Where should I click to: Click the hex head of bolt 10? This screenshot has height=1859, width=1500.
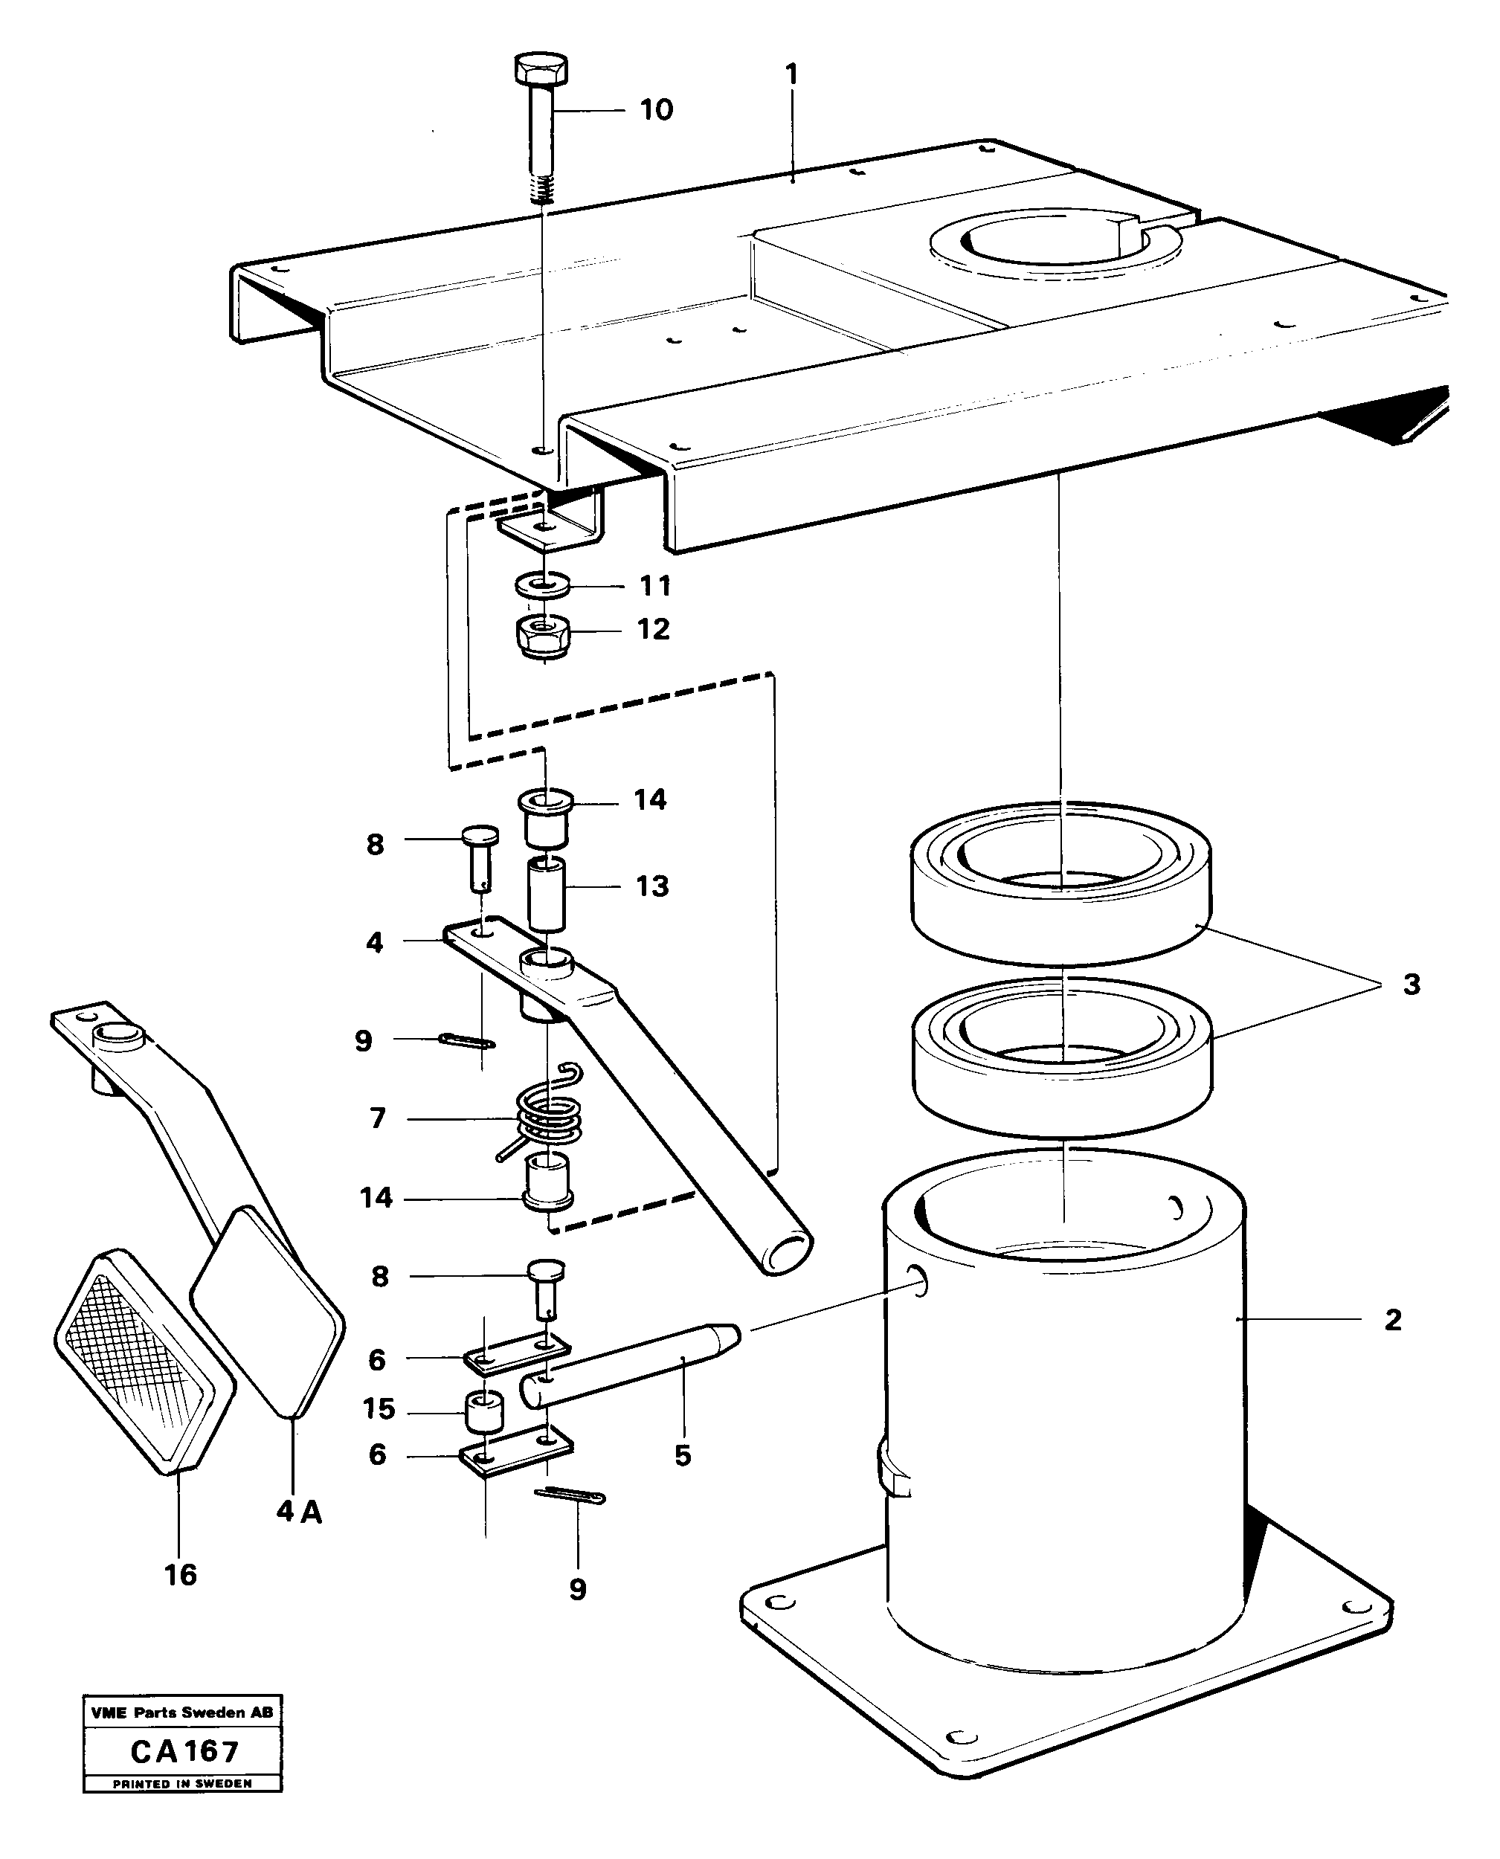point(541,68)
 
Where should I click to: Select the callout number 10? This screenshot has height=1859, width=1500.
point(656,110)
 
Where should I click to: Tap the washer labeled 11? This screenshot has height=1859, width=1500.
point(541,584)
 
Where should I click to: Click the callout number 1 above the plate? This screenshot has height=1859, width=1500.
point(791,74)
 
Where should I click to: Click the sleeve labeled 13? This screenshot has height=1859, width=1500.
point(546,894)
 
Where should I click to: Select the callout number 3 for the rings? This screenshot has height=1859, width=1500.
point(1411,984)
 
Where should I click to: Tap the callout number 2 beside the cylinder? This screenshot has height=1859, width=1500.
point(1392,1319)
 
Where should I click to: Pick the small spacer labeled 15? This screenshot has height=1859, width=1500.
point(485,1410)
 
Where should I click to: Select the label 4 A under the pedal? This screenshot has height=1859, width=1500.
point(299,1512)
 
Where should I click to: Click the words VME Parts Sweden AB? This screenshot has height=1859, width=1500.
point(181,1713)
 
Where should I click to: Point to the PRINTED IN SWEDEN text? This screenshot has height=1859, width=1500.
point(182,1783)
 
